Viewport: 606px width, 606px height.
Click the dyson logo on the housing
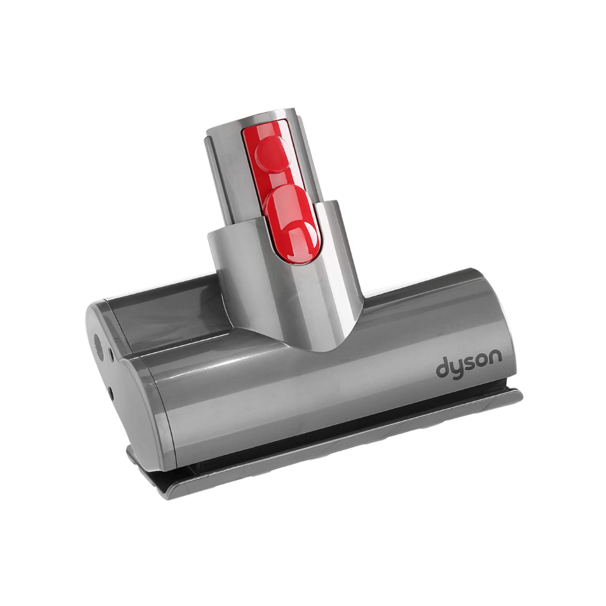coord(469,365)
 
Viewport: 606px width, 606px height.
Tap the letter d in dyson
coord(443,368)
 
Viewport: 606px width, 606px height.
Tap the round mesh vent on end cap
coord(99,346)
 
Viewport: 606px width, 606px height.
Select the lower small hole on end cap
coord(111,392)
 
